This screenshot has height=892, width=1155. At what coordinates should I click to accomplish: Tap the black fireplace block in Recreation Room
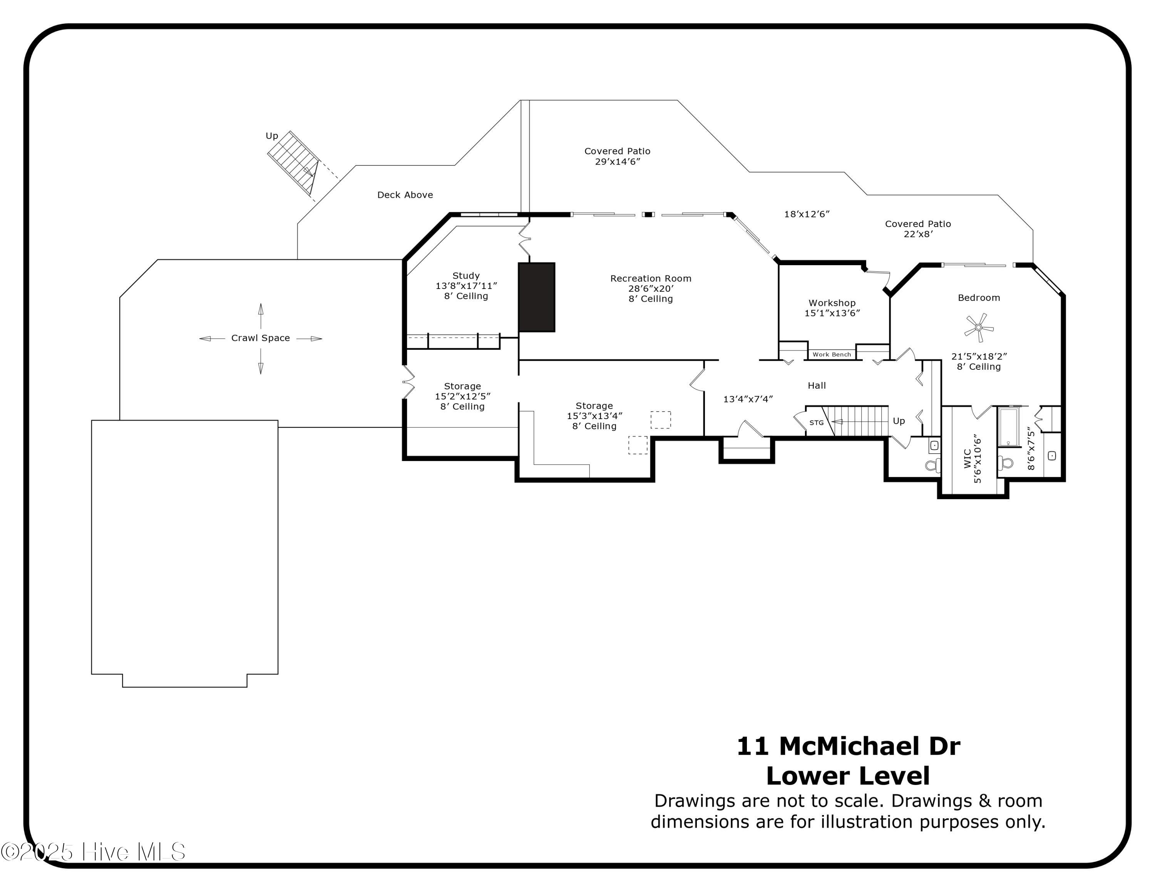(536, 297)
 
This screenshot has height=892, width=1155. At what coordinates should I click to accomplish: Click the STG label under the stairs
(816, 423)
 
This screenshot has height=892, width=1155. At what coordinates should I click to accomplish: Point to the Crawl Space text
(260, 338)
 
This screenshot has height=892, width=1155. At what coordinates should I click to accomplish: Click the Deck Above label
(405, 195)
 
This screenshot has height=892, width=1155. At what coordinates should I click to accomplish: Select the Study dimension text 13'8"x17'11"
(466, 286)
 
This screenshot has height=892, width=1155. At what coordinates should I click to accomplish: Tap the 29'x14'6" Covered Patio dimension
(617, 162)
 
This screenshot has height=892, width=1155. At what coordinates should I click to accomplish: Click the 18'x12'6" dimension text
(807, 214)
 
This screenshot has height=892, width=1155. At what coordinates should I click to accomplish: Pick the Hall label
(817, 386)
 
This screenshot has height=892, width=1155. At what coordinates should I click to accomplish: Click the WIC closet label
(967, 459)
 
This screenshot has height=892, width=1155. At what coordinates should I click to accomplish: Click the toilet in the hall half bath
(933, 465)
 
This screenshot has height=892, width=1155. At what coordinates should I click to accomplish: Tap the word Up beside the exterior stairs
(271, 136)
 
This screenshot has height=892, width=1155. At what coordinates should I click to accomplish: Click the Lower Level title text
(848, 776)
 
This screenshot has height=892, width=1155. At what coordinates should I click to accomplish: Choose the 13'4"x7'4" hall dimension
(748, 399)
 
